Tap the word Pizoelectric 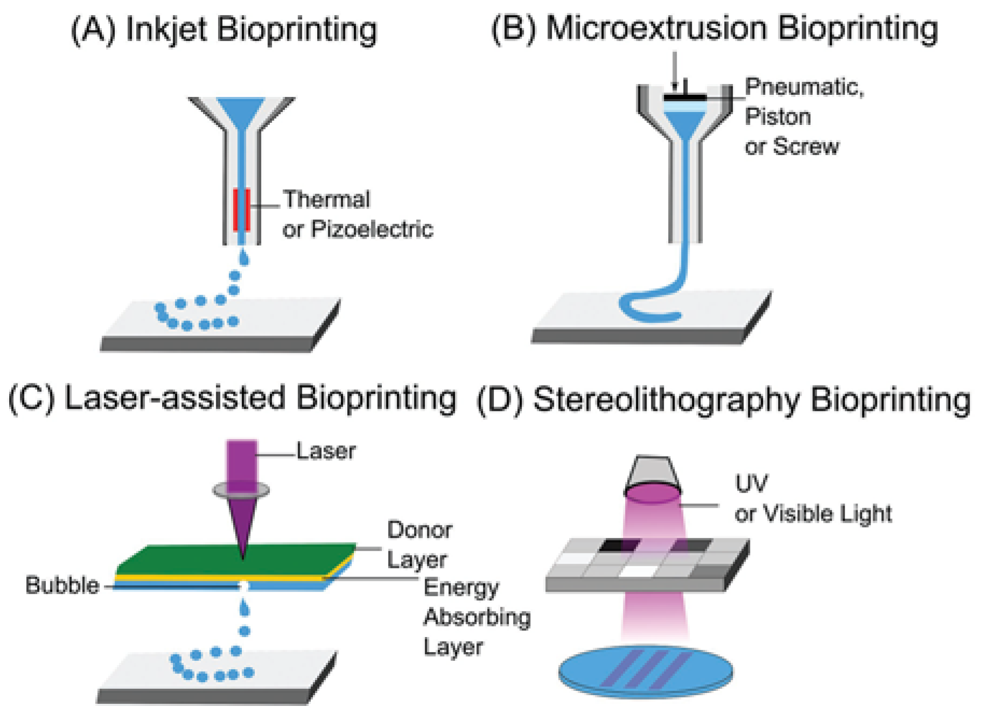[372, 229]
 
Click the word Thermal [327, 200]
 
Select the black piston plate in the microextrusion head [684, 97]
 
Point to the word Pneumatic [804, 87]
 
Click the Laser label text [326, 451]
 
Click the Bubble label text [62, 585]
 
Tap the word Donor [419, 530]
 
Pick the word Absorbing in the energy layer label [477, 617]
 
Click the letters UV [752, 484]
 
